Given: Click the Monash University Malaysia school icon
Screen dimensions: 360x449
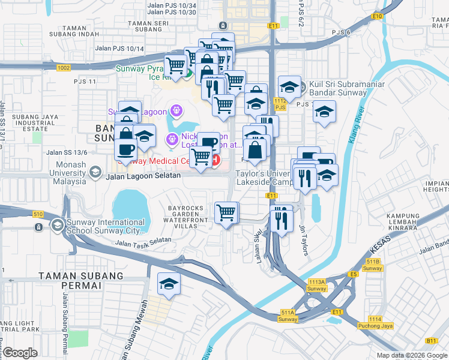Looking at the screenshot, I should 94,173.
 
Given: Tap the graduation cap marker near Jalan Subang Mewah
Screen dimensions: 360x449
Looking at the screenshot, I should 169,284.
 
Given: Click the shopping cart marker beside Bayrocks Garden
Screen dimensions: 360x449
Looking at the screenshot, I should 226,213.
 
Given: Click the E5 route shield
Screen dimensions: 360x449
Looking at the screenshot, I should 354,274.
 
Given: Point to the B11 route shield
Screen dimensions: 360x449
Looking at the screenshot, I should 431,341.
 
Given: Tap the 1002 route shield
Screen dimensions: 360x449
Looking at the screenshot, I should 64,68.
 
